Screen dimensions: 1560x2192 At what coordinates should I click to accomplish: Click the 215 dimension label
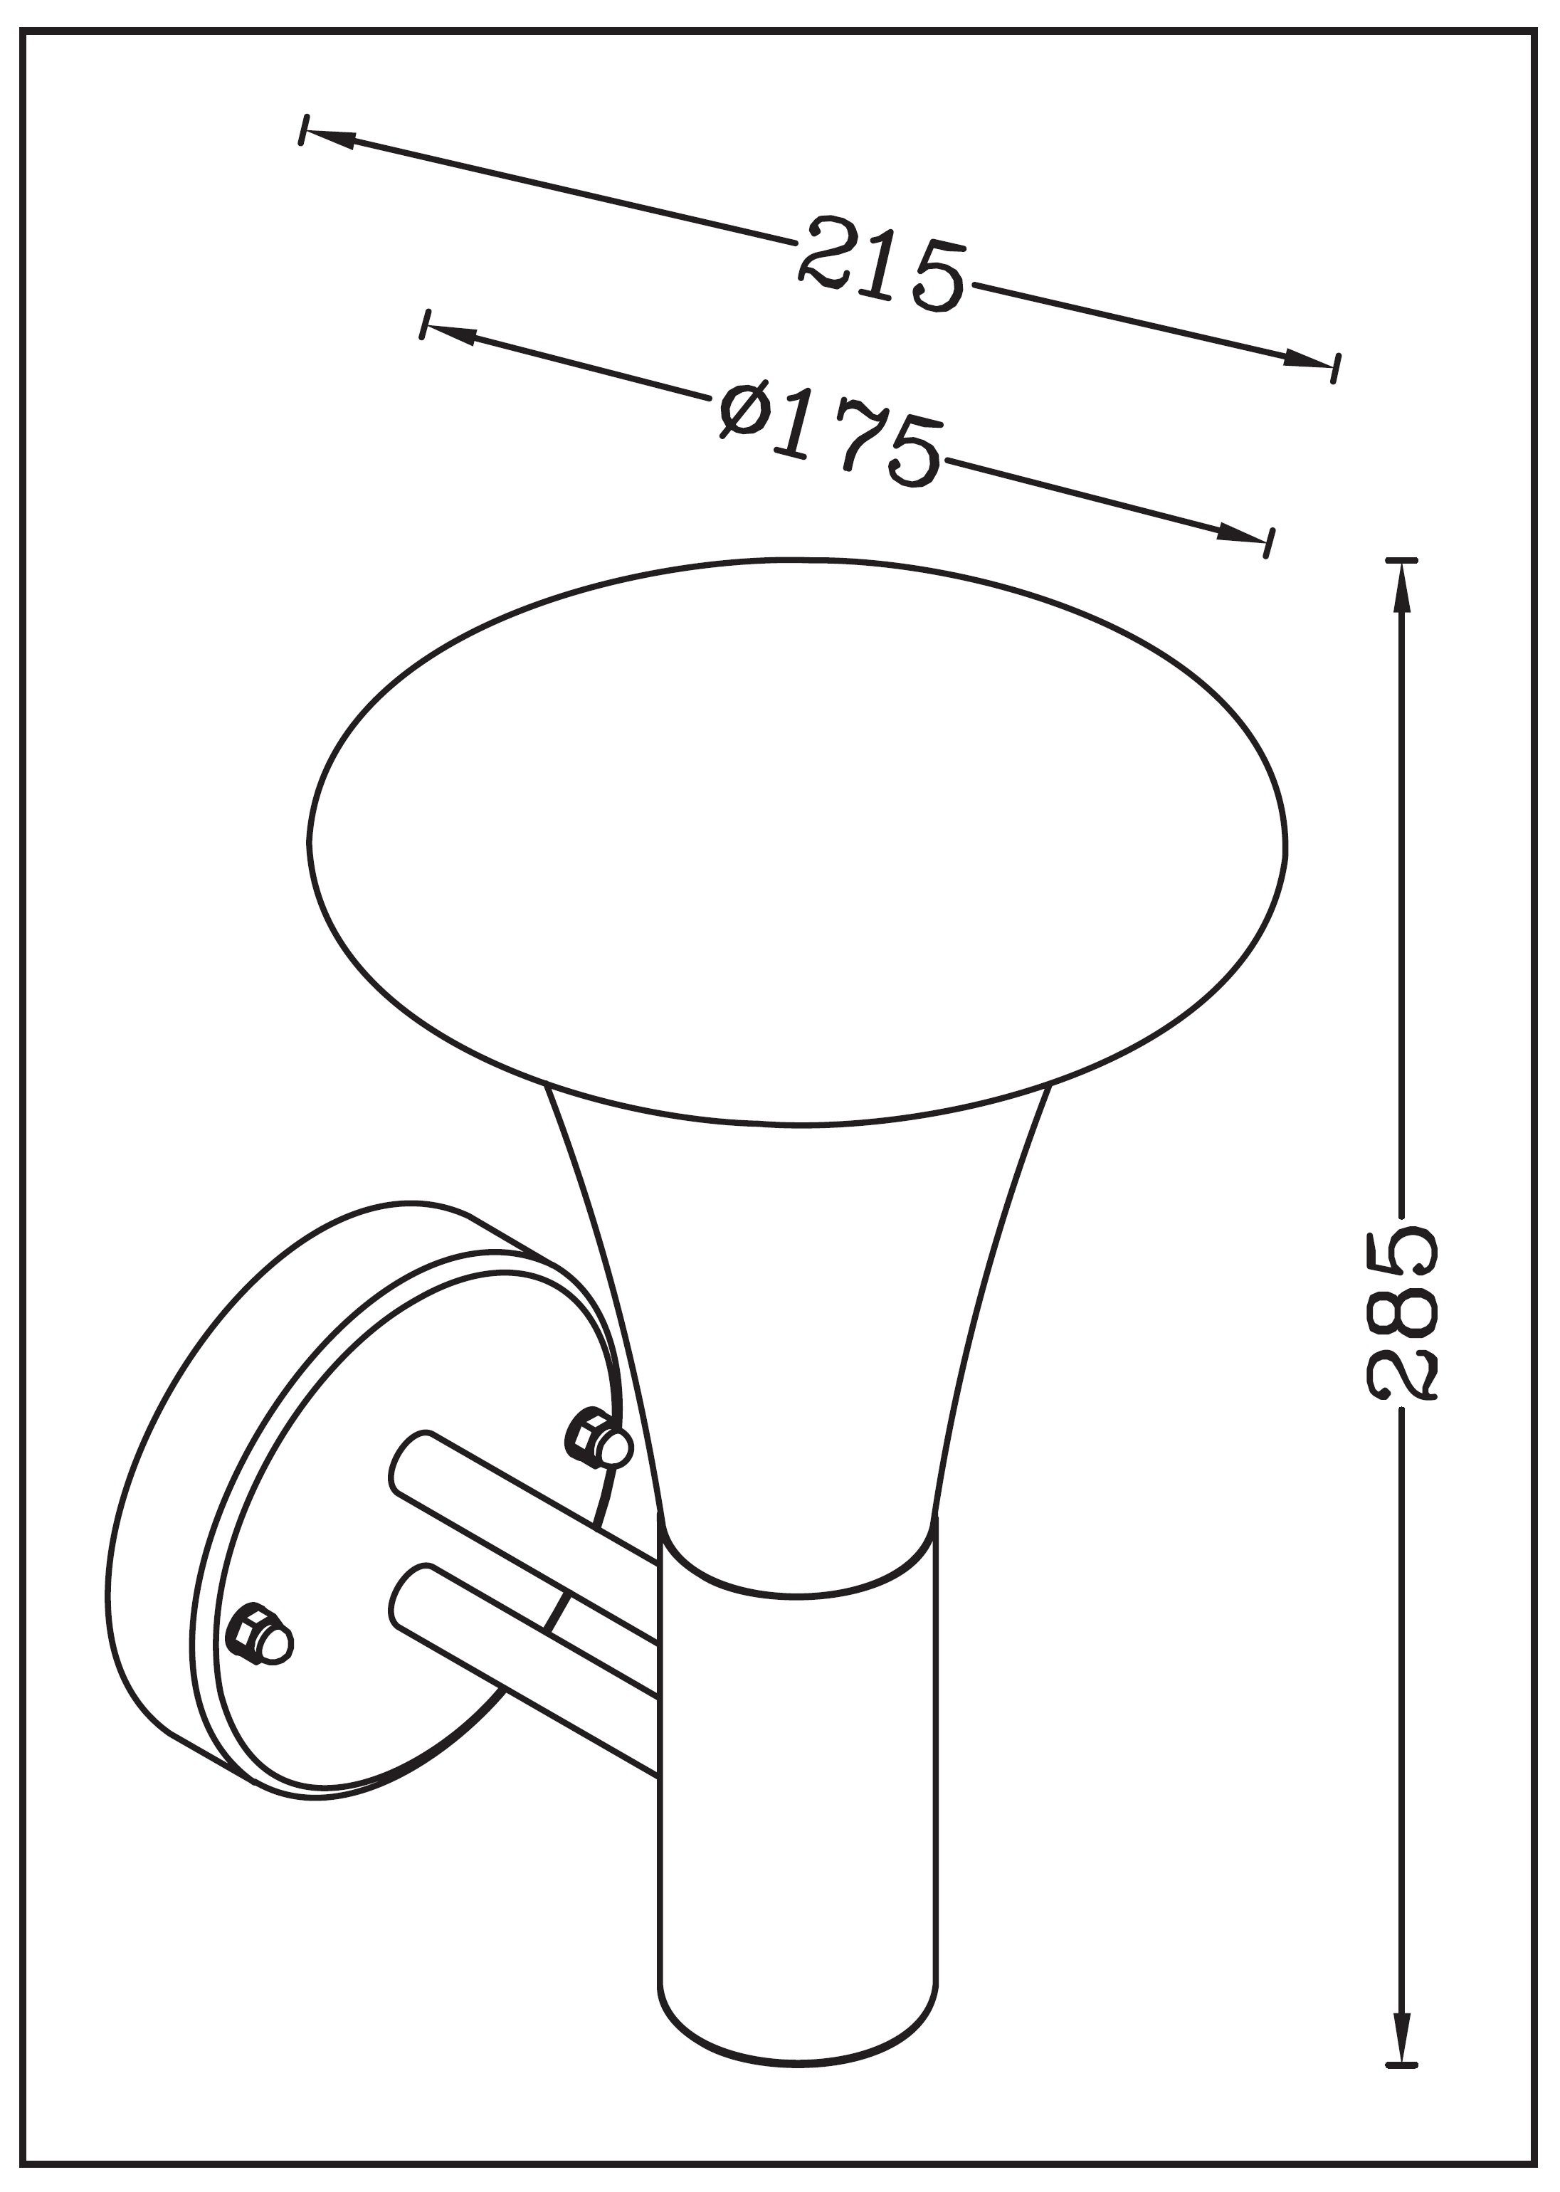[881, 263]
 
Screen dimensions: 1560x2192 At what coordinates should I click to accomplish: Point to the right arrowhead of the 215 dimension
[1307, 360]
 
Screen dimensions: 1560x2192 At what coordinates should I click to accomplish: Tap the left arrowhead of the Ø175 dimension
[451, 332]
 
